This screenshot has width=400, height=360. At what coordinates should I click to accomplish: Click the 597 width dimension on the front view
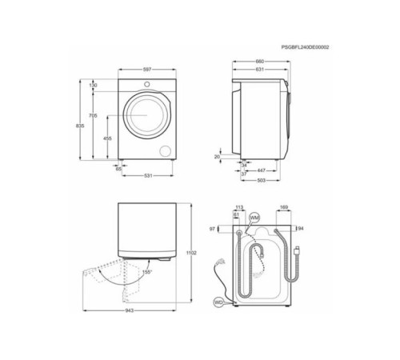(x=147, y=70)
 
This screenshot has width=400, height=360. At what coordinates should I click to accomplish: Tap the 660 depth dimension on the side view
(x=259, y=61)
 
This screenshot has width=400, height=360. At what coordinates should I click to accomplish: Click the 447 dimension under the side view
(x=262, y=170)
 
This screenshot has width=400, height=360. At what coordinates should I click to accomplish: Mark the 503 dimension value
(x=261, y=180)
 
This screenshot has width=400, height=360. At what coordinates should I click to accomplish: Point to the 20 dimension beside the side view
(x=217, y=157)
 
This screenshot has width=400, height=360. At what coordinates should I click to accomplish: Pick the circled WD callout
(x=218, y=302)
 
